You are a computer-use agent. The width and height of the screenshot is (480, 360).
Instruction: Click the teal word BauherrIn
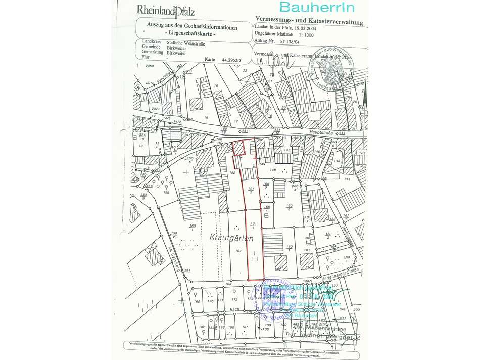pyautogui.click(x=316, y=7)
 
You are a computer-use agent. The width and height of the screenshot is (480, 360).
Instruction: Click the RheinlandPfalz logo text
pyautogui.click(x=166, y=10)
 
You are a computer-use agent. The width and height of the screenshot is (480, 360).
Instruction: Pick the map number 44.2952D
pyautogui.click(x=232, y=60)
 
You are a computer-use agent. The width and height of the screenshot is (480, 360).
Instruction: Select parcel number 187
pyautogui.click(x=245, y=328)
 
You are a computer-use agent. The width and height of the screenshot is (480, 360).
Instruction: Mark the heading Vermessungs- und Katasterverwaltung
pyautogui.click(x=307, y=21)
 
